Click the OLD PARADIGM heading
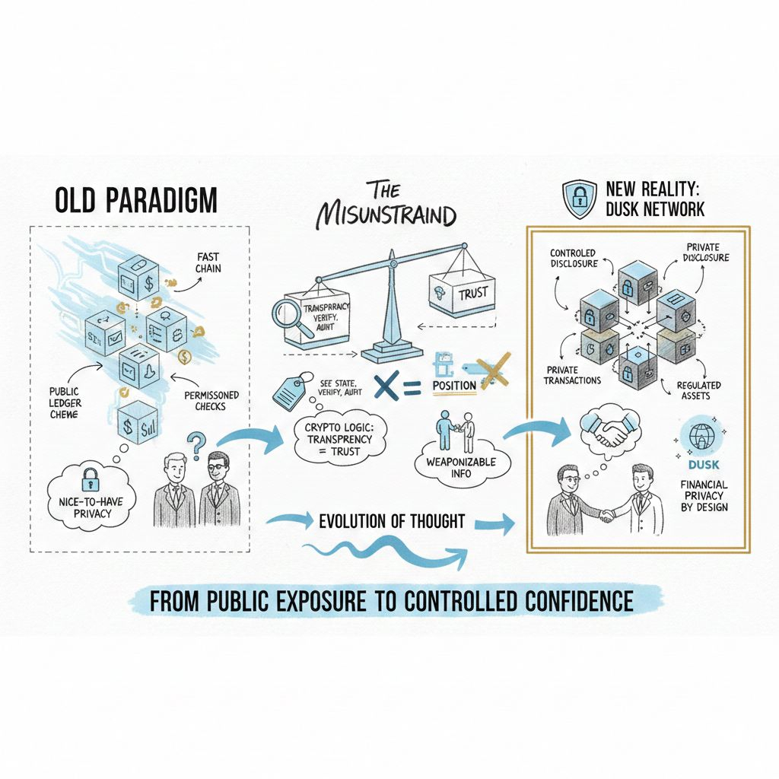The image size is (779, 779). [x=136, y=200]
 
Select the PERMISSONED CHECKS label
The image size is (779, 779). [x=211, y=401]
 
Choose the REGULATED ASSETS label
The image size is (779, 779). [x=698, y=391]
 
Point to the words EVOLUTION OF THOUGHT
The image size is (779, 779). [x=392, y=522]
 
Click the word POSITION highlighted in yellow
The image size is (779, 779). [x=454, y=385]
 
